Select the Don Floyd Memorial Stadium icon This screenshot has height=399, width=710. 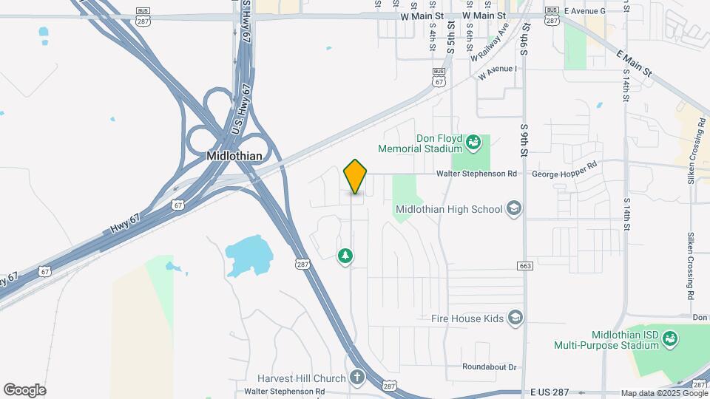pos(473,141)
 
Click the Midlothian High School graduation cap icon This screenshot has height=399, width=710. pos(513,209)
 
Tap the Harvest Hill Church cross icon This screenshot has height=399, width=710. pos(356,378)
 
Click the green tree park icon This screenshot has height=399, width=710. pos(345,256)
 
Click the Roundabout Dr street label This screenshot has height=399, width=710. pos(489,366)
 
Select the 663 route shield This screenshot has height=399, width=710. pos(525,265)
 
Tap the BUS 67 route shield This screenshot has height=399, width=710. pos(439,78)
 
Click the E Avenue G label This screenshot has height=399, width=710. pos(584,11)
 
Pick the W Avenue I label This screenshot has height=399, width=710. pos(498,70)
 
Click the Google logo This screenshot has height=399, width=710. pos(24,390)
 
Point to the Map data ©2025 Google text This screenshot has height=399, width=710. pos(663,393)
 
